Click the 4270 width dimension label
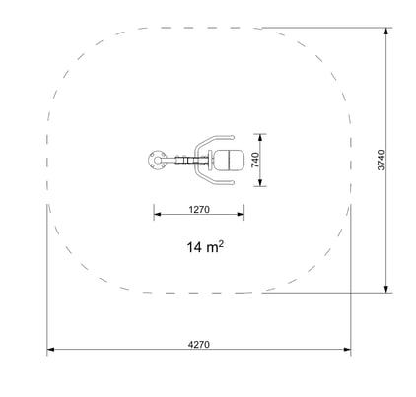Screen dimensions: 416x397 (199, 345)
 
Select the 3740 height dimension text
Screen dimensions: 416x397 (381, 160)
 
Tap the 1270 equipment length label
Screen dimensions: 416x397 (199, 209)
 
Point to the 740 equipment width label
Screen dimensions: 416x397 (255, 160)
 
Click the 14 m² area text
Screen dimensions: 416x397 (205, 246)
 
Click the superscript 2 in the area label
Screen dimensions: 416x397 (221, 243)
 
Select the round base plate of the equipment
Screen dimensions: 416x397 (158, 160)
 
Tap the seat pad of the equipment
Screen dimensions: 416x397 (229, 160)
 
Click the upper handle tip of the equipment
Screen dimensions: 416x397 (232, 137)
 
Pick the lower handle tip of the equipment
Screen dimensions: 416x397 (232, 182)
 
